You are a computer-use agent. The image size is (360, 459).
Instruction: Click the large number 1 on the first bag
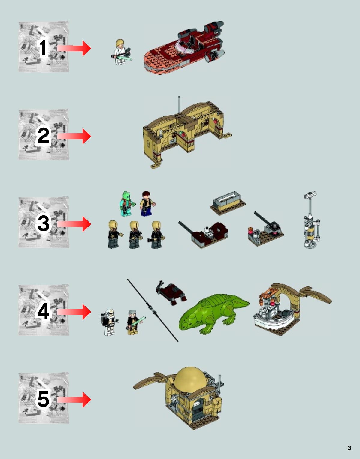coord(43,48)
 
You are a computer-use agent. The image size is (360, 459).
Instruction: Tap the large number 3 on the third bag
coord(43,224)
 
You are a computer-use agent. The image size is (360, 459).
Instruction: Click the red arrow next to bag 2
coord(74,136)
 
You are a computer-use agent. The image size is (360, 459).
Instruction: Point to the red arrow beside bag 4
coord(74,312)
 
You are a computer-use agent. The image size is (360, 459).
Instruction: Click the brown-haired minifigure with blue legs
coord(147,204)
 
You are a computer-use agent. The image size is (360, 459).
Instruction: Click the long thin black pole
coord(153,310)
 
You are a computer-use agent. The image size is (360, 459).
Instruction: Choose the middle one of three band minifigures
coord(135,235)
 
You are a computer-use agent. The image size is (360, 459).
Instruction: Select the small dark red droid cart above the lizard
coord(171,292)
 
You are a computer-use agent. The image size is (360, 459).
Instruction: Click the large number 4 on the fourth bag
coord(43,312)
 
